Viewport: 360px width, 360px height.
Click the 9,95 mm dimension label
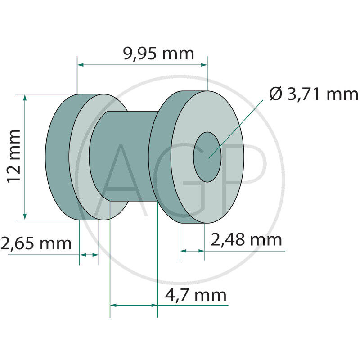[x=158, y=54]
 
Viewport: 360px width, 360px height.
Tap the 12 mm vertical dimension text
[x=14, y=155]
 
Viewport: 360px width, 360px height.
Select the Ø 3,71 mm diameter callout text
[x=314, y=94]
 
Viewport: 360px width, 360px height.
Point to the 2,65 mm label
[x=36, y=243]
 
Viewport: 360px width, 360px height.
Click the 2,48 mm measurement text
[x=246, y=240]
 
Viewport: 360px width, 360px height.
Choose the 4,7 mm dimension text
[x=196, y=296]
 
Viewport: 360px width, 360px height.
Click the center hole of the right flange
[x=207, y=157]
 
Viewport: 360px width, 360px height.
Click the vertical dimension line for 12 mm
[x=25, y=157]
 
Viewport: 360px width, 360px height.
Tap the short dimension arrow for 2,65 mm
[x=89, y=255]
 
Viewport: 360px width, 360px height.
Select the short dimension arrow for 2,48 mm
[x=192, y=251]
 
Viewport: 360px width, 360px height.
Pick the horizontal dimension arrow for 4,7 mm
[x=134, y=305]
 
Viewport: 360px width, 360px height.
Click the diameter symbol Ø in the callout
[x=275, y=94]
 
